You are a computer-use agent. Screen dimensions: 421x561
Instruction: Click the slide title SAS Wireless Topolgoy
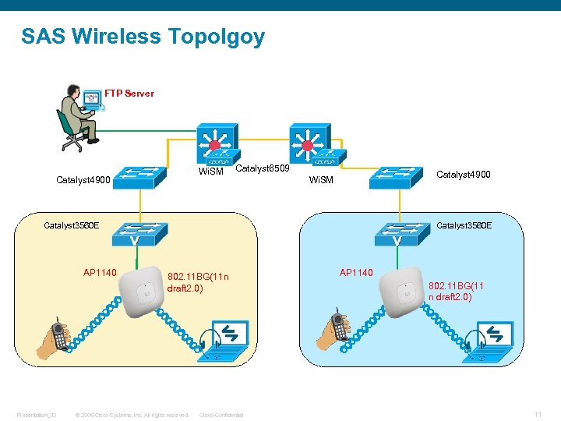click(143, 37)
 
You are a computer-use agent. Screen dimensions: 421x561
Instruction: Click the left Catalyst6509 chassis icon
click(218, 145)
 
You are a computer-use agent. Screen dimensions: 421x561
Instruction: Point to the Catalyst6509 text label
click(262, 168)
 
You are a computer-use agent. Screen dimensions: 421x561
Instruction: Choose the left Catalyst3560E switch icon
click(134, 232)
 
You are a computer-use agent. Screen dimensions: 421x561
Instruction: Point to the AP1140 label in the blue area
click(356, 273)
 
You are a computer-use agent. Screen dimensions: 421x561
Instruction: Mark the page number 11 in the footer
click(537, 414)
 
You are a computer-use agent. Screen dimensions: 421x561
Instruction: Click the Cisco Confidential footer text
click(221, 415)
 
